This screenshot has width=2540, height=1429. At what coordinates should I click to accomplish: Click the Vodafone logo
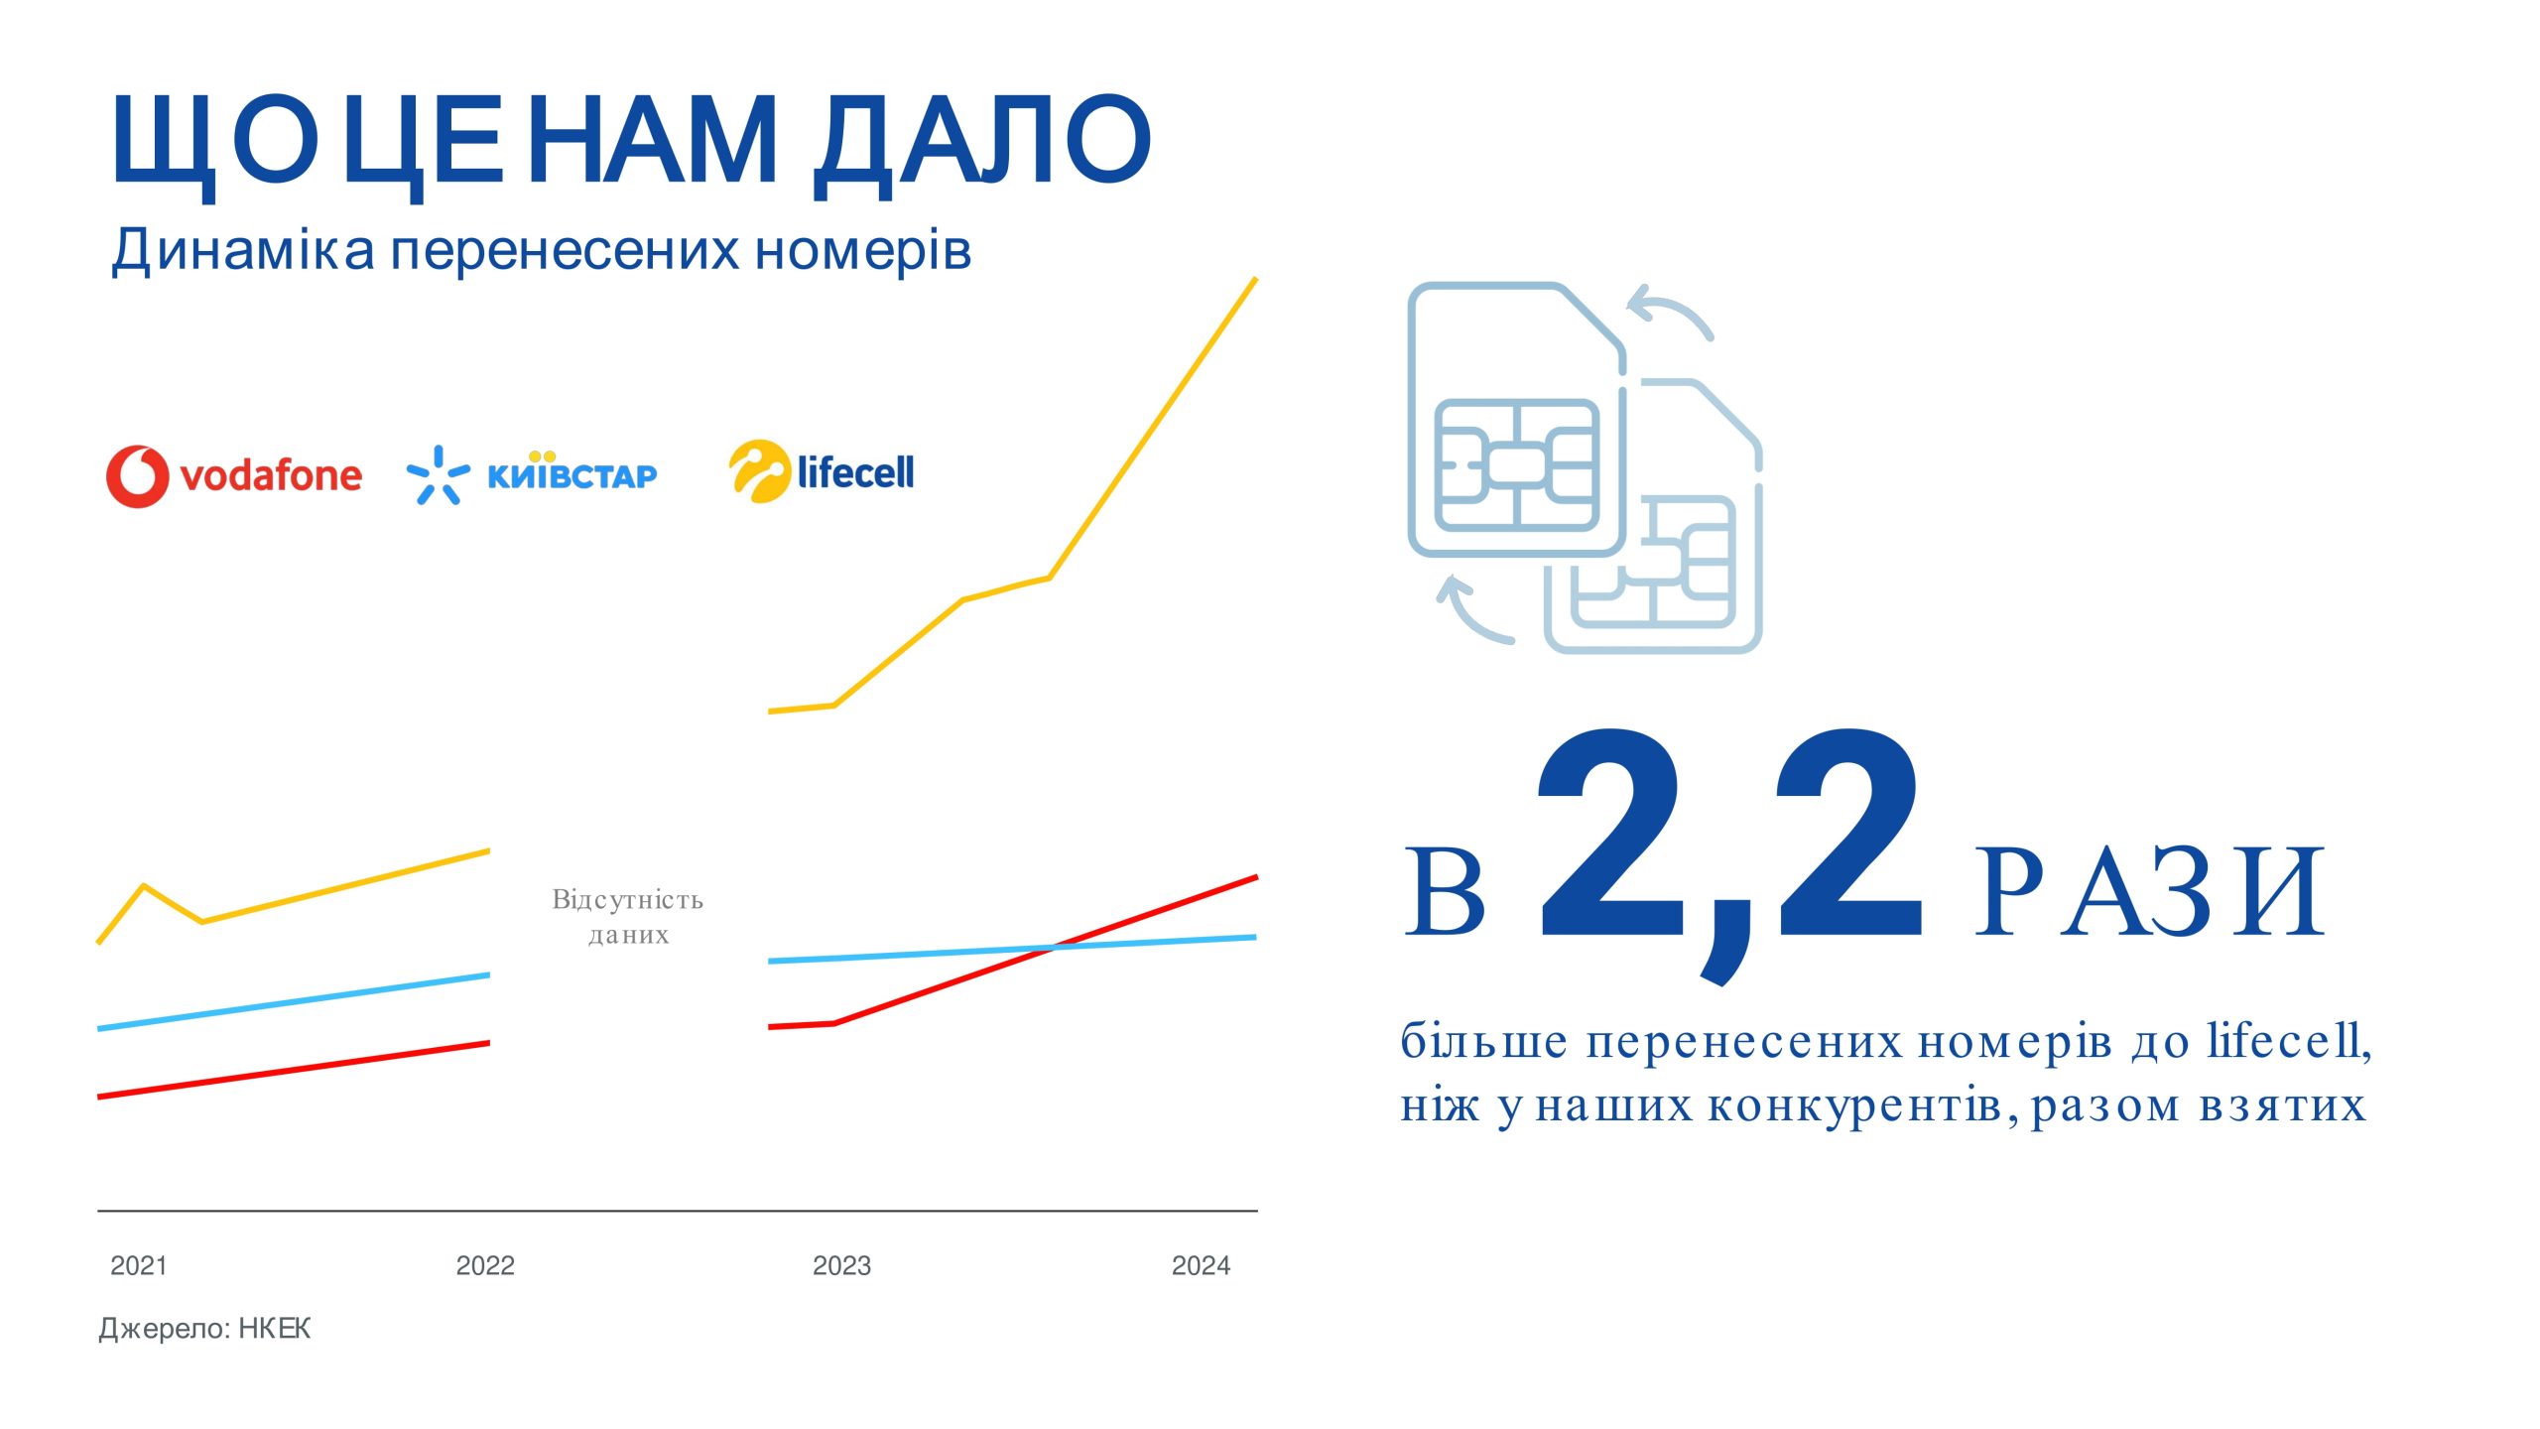point(234,476)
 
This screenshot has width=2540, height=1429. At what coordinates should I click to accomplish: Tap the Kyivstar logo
point(532,474)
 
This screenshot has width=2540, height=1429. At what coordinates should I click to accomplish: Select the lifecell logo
point(822,471)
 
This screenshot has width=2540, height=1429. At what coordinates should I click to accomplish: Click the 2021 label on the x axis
point(139,1265)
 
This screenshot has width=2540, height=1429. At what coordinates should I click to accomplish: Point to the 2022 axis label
point(485,1265)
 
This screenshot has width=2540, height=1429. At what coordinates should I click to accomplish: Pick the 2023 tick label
point(841,1265)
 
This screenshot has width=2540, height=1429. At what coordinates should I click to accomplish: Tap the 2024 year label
point(1201,1265)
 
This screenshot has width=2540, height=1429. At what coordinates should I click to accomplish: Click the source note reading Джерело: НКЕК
point(204,1329)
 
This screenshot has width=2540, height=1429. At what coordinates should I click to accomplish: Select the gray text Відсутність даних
point(628,917)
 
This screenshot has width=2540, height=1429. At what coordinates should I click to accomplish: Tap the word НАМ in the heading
point(654,140)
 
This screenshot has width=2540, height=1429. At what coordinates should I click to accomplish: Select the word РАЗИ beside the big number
point(2149,893)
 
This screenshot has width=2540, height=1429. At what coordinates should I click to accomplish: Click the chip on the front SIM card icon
point(1517,465)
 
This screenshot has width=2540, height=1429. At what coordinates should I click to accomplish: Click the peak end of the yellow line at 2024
point(1256,280)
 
